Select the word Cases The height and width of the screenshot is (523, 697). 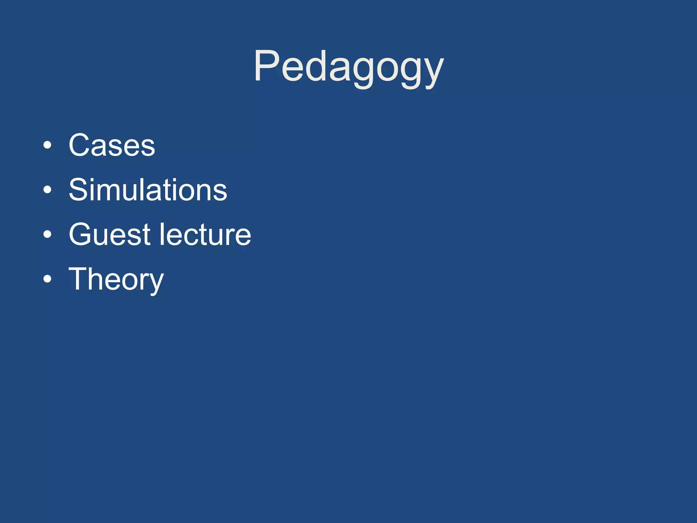pos(112,145)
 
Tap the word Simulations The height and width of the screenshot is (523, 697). pos(148,190)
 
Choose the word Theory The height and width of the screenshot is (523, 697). pos(116,279)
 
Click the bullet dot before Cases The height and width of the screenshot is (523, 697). pos(48,146)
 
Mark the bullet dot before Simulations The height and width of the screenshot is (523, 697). pos(48,190)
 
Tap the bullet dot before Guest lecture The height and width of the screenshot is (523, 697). pos(48,235)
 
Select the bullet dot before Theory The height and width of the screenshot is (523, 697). pos(48,279)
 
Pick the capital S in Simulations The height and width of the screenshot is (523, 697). pos(80,190)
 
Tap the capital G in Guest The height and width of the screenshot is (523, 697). pos(82,234)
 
